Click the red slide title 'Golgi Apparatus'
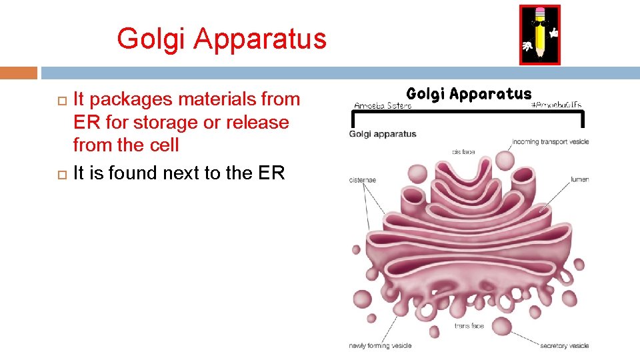[221, 39]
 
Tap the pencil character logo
[539, 35]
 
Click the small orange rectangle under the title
[19, 72]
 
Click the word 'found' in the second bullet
[133, 173]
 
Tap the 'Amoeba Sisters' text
[383, 106]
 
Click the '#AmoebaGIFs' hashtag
[556, 105]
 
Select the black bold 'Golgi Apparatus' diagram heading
[469, 94]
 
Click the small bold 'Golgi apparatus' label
[383, 134]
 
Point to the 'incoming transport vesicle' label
[551, 142]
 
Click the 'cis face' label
[463, 152]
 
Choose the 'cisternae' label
[363, 179]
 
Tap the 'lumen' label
[579, 179]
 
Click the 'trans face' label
[469, 325]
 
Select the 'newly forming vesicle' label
[380, 345]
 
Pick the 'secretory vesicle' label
[564, 345]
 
